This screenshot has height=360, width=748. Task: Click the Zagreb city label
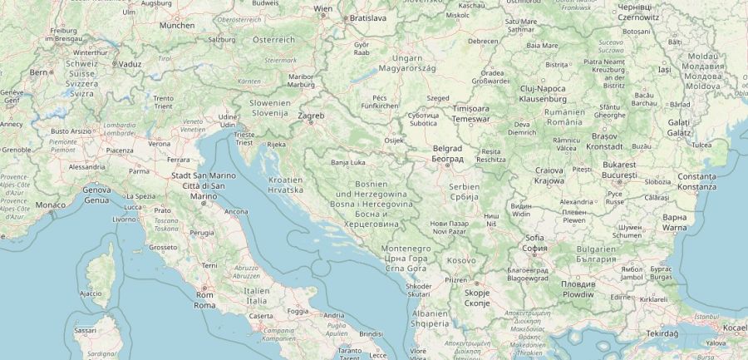pos(311,115)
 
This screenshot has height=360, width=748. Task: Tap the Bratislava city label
pos(368,17)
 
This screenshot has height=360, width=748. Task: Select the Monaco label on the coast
pos(50,205)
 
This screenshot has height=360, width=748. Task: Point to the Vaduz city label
pos(130,63)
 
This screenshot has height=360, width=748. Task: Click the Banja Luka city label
pos(347,163)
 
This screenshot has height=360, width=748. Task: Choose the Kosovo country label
pos(461,260)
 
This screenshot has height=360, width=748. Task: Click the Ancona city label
pos(236,211)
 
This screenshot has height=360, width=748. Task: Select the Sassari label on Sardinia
pos(85,330)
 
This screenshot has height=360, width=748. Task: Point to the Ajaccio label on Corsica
pos(90,293)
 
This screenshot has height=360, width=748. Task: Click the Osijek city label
pos(393,140)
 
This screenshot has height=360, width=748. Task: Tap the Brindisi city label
pos(372,333)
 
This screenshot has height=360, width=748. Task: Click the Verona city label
pos(159,143)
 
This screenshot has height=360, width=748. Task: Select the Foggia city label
pos(297,311)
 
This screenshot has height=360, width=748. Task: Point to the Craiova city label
pos(549,170)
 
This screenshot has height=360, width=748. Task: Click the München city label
pos(177,26)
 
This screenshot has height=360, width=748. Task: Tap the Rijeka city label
pos(275,145)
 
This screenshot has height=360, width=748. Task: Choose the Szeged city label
pos(438,98)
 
